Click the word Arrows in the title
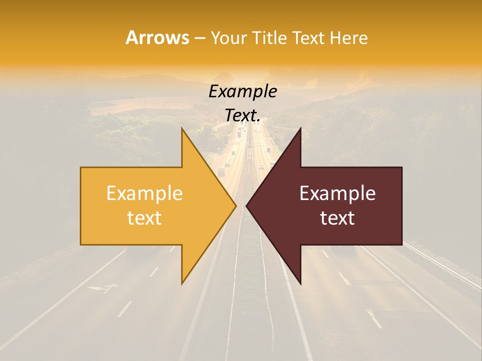coord(157,38)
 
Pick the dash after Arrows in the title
coord(200,38)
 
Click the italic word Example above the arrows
coord(243,92)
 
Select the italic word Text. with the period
coord(243,116)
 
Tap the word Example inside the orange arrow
coord(145,194)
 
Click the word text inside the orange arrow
coord(145,218)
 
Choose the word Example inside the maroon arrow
coord(337,194)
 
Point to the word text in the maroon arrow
coord(337,218)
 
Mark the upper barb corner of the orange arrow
coord(182,128)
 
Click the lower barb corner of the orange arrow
coord(182,284)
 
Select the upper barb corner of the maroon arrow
coord(300,128)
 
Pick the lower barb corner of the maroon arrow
coord(300,284)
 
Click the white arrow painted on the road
coord(102,288)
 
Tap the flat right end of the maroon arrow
coord(402,206)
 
